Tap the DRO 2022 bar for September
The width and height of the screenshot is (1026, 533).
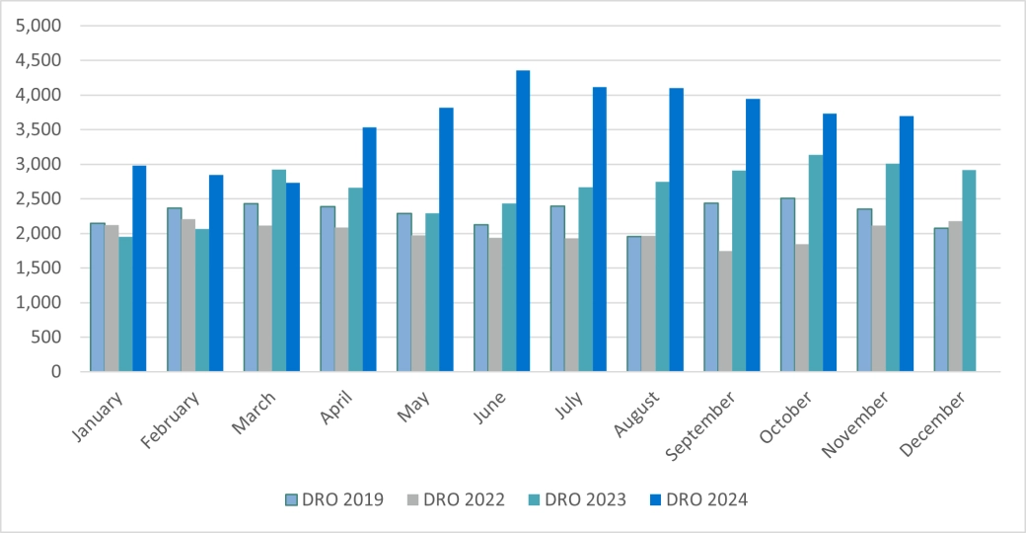tap(725, 311)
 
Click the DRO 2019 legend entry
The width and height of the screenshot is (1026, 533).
tap(331, 499)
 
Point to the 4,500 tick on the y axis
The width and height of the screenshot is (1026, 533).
tap(38, 61)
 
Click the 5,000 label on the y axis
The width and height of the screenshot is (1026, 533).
tap(38, 27)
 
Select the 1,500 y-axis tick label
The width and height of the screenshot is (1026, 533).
tap(38, 268)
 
